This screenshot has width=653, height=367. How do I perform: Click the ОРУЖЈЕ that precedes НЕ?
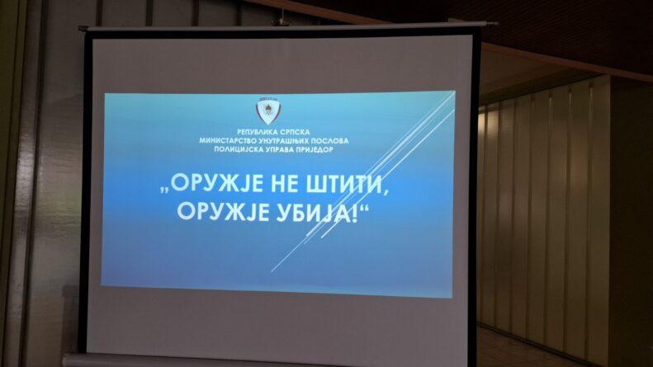tap(217, 184)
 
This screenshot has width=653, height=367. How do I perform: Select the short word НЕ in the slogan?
tap(286, 184)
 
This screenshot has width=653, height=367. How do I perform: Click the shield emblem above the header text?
tap(268, 111)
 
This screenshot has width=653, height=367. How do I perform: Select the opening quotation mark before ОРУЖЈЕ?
tap(164, 190)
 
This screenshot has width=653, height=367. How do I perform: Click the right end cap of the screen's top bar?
tap(492, 24)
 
